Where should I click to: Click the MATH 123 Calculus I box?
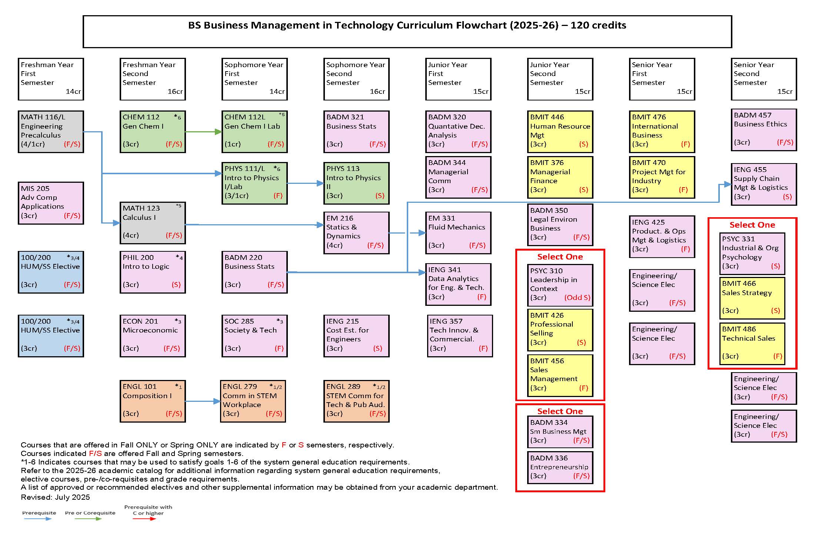click(x=153, y=223)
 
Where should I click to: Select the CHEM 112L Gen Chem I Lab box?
click(x=255, y=132)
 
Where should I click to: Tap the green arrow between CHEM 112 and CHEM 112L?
click(x=203, y=132)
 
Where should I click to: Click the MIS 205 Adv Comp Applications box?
click(x=51, y=203)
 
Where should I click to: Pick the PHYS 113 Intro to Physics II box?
click(x=356, y=183)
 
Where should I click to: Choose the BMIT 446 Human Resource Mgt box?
click(x=560, y=132)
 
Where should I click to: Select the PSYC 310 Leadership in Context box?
click(x=560, y=285)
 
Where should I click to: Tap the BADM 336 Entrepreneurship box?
click(x=560, y=467)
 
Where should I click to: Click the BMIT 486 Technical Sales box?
click(x=752, y=343)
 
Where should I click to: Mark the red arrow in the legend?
click(x=144, y=519)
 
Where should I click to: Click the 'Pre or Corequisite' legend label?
click(x=90, y=513)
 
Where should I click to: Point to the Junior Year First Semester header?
click(x=458, y=79)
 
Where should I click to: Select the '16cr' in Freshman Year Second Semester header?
click(x=175, y=92)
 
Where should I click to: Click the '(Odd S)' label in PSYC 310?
click(x=577, y=298)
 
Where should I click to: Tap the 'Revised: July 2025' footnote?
click(x=55, y=497)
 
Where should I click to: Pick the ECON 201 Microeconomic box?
click(x=153, y=336)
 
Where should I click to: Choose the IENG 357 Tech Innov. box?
click(x=460, y=336)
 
